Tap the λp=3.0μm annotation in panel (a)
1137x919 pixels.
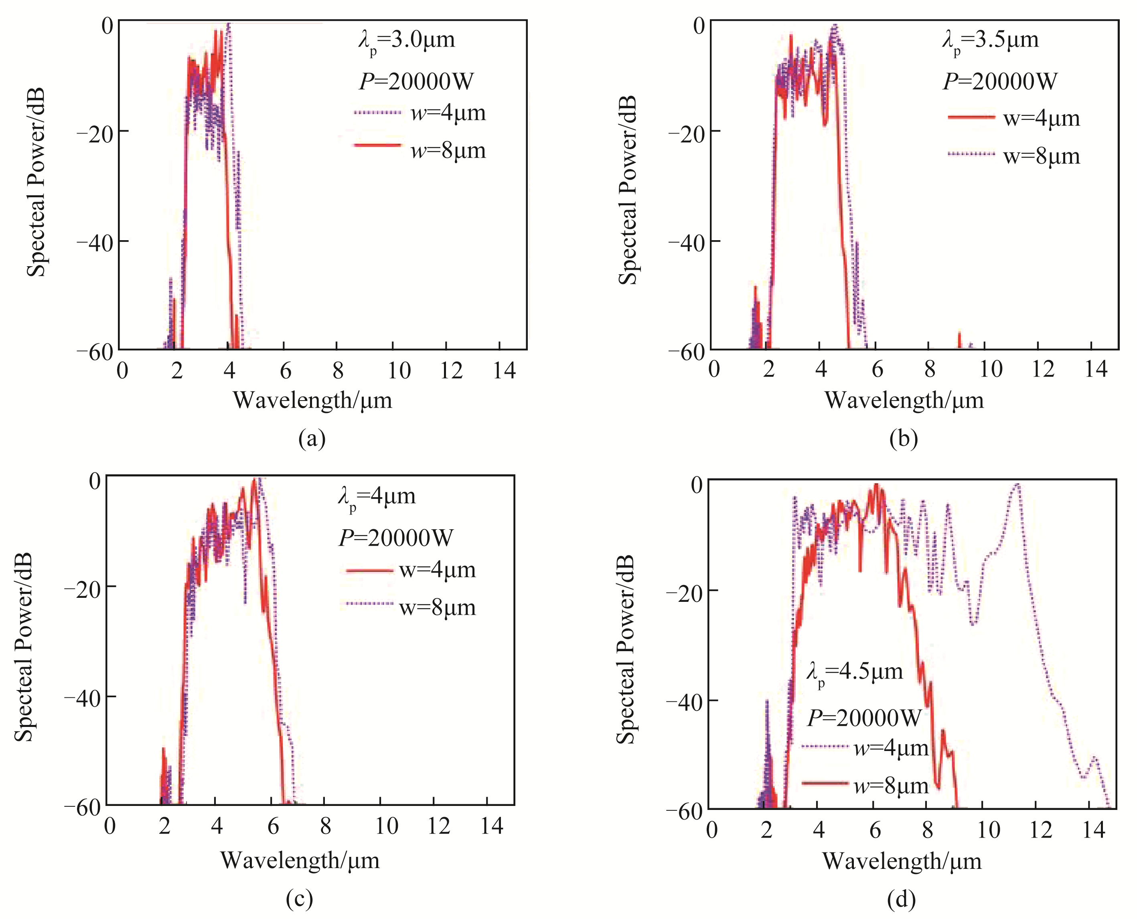(406, 41)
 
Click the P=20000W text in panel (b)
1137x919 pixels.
(1000, 81)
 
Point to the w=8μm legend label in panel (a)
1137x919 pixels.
(448, 151)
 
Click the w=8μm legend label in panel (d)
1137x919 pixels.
(891, 786)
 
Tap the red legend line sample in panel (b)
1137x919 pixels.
(971, 117)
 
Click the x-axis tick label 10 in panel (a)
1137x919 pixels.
(399, 370)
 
